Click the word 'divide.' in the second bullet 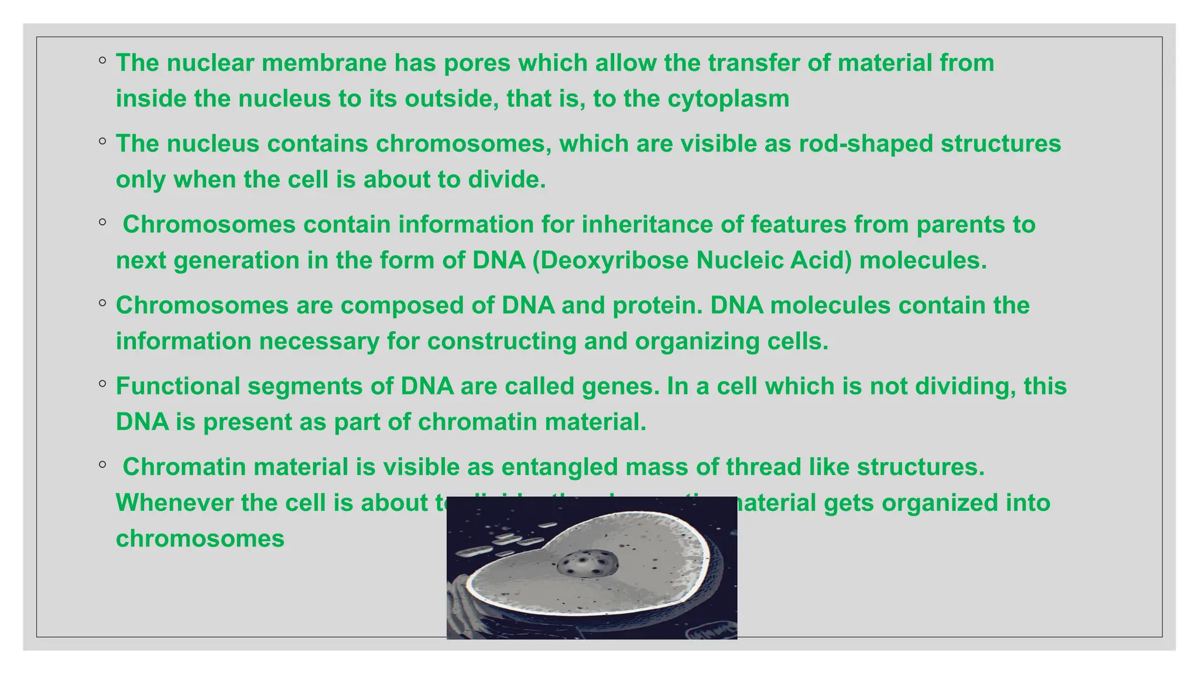(x=507, y=180)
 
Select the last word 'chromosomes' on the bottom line (x=200, y=539)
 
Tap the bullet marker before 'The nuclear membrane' (x=102, y=60)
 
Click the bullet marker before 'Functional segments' (x=102, y=384)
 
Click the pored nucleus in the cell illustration (x=586, y=564)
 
